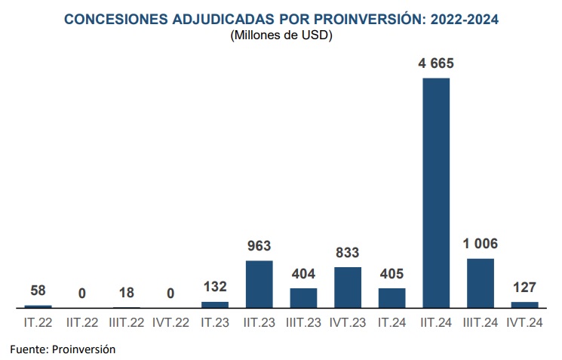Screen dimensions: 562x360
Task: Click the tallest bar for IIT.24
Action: click(x=436, y=193)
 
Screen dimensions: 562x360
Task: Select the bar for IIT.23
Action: click(x=260, y=285)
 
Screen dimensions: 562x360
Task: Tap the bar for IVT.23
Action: click(x=348, y=288)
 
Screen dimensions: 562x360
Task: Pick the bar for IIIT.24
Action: click(x=481, y=283)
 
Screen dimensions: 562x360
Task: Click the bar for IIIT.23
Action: click(x=303, y=298)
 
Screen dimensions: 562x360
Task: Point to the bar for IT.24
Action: click(x=392, y=298)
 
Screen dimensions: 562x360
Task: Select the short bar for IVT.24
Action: click(x=525, y=305)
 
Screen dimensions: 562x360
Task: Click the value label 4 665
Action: click(x=436, y=63)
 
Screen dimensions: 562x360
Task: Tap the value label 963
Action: click(x=260, y=246)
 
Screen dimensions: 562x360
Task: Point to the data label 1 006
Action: click(x=481, y=244)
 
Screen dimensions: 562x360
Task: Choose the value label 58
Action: click(x=38, y=291)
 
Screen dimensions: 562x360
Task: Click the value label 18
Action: click(x=127, y=293)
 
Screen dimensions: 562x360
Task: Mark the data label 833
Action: click(x=348, y=253)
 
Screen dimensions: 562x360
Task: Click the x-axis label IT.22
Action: click(x=38, y=323)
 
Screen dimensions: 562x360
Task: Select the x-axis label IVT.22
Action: click(x=170, y=323)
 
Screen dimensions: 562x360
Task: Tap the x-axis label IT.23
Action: click(x=215, y=323)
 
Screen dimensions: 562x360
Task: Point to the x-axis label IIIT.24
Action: click(x=481, y=323)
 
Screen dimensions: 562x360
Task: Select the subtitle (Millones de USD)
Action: click(x=281, y=35)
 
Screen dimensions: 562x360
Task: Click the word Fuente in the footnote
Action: click(x=28, y=349)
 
